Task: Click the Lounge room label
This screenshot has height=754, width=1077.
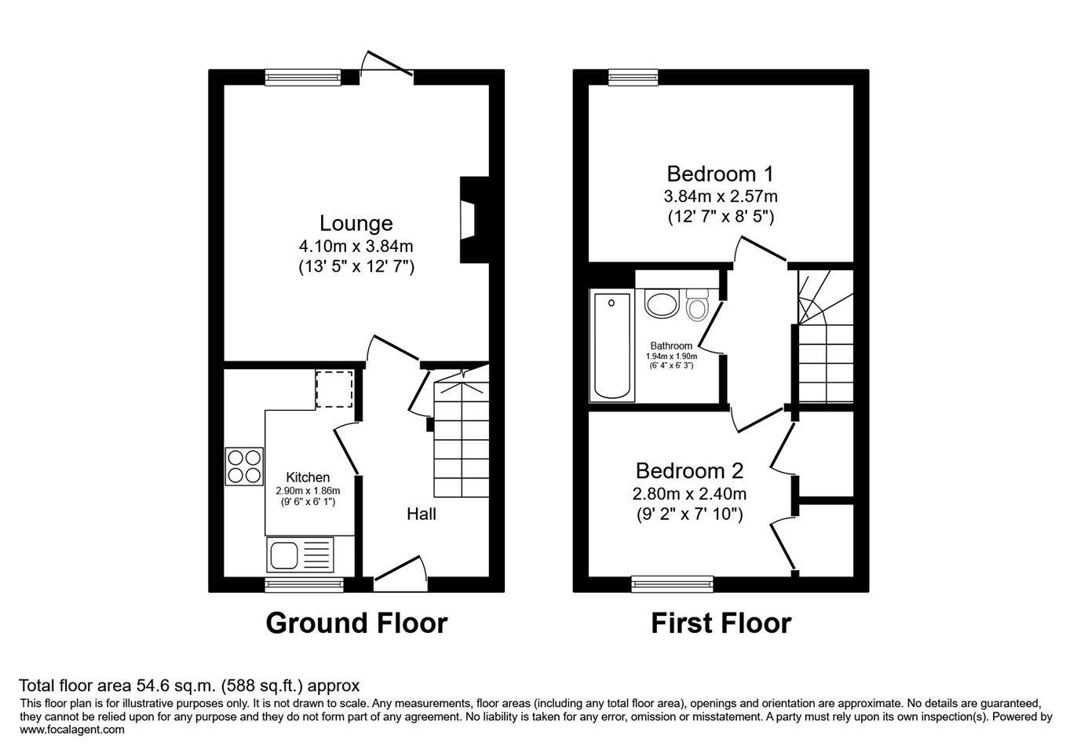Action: coord(356,223)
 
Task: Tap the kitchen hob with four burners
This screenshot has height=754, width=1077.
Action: coord(244,467)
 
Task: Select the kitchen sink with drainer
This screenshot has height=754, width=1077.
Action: coord(300,555)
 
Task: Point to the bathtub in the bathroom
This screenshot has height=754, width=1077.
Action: coord(612,346)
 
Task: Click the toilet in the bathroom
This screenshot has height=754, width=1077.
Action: coord(697,305)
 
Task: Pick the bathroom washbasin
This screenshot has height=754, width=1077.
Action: coord(662,303)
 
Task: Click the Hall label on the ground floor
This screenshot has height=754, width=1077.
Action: coord(422,514)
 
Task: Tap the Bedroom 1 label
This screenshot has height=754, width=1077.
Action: coord(721,174)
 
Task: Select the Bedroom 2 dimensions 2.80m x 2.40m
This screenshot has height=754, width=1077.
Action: coord(689,494)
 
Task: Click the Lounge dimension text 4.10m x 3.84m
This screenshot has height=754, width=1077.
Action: coord(356,247)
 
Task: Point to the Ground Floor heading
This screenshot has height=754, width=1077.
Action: coord(356,623)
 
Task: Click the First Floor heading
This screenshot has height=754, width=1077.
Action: coord(721,623)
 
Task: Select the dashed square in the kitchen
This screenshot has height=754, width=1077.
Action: coord(334,389)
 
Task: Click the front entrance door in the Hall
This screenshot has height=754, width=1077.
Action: coord(400,574)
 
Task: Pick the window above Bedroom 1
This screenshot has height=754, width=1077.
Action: coord(633,77)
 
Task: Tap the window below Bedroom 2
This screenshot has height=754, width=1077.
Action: coord(672,584)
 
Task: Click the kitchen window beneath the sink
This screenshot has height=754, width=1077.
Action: coord(304,584)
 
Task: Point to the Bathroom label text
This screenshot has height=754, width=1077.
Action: coord(671,346)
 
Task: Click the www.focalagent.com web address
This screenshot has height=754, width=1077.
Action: coord(72,730)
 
